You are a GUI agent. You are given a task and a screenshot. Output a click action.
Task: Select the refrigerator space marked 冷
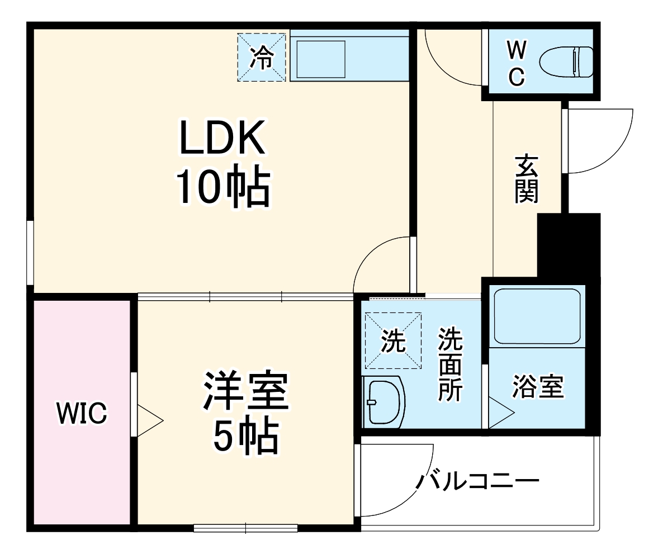click(x=262, y=58)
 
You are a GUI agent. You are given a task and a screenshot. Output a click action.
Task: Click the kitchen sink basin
click(x=321, y=58)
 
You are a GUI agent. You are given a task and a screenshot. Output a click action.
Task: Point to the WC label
click(x=517, y=64)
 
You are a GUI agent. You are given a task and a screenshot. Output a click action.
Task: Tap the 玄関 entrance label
click(x=527, y=179)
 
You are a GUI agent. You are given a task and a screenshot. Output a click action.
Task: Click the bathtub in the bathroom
click(x=538, y=316)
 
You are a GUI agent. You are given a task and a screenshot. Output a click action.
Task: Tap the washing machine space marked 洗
click(x=393, y=340)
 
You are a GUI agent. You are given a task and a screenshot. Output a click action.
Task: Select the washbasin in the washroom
click(x=383, y=401)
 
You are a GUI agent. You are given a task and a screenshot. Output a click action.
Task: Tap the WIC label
click(x=82, y=413)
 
